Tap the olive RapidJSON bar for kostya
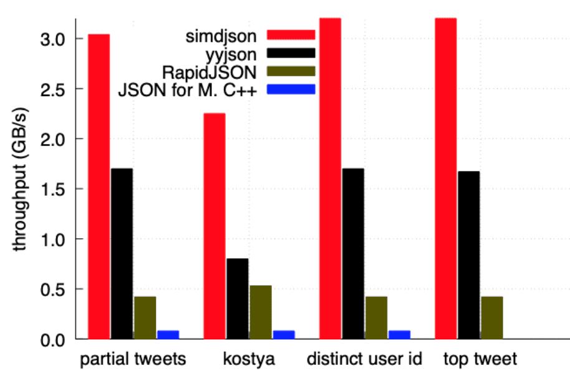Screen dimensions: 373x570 (260, 312)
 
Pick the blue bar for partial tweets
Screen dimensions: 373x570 (168, 334)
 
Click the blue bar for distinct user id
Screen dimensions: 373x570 (399, 334)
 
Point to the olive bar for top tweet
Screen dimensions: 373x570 (491, 317)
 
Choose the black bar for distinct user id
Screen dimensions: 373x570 (353, 253)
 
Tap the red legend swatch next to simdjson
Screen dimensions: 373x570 (291, 33)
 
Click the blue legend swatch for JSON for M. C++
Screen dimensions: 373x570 (291, 89)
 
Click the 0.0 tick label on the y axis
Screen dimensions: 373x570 (58, 340)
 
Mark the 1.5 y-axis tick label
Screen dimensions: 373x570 (58, 189)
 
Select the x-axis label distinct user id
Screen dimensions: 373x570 (364, 359)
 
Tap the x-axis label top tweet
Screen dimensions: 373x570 (480, 359)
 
